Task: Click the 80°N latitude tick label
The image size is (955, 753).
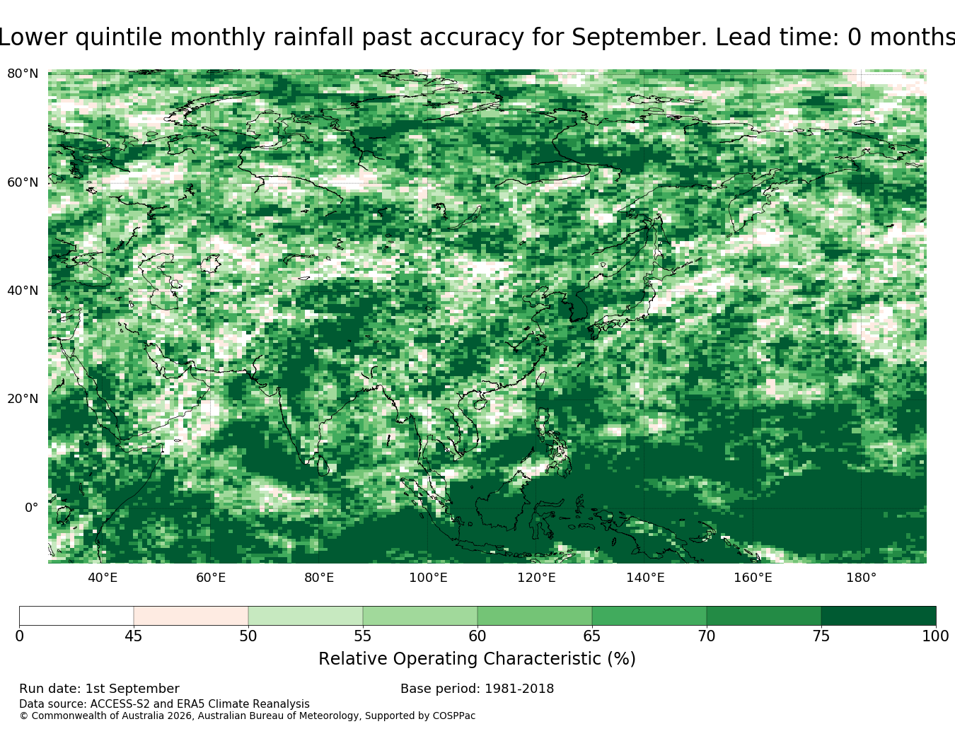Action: coord(23,74)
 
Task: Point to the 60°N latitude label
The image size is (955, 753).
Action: coord(23,182)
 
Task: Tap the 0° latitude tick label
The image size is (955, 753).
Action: coord(32,508)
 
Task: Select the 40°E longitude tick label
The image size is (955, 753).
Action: coord(103,578)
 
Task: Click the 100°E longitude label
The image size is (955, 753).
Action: coord(428,578)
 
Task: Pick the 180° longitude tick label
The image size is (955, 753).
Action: coord(862,578)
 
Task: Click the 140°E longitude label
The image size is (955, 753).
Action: coord(645,578)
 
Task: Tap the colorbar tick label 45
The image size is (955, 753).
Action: coord(133,636)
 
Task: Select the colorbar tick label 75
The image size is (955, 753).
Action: coord(821,636)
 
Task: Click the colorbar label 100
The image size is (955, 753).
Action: coord(935,636)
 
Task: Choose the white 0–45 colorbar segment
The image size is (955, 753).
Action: coord(76,616)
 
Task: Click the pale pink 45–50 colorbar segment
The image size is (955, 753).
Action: coord(191,616)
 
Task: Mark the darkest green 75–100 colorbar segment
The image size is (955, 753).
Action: coord(879,616)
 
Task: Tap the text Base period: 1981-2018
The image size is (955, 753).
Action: coord(477,689)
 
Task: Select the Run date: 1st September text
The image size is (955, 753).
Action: coord(100,689)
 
